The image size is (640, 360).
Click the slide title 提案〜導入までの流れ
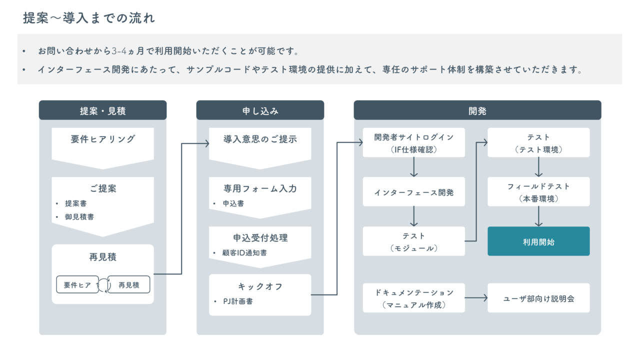89,18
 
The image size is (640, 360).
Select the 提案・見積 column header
102,110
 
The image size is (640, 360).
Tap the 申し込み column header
260,110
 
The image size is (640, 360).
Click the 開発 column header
477,110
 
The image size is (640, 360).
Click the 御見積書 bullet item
79,217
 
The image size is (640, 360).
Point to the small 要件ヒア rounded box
77,285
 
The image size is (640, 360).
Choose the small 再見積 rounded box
129,285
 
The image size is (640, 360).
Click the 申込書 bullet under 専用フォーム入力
233,203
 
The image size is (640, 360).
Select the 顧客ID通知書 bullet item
244,252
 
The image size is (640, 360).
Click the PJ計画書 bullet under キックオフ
237,301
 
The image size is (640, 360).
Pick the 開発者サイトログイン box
413,142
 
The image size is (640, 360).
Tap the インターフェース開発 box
413,192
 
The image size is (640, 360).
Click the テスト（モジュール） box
413,241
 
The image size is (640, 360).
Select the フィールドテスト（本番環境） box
538,192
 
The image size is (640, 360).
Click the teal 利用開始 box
538,241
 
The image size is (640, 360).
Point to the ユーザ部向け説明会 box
538,298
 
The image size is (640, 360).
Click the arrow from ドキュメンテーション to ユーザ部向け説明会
476,298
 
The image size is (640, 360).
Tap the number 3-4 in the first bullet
119,51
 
